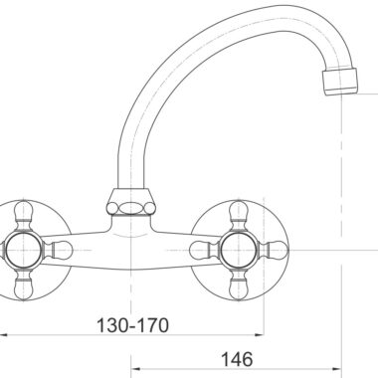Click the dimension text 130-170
[132, 325]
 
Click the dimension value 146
[237, 359]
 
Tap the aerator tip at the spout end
[341, 82]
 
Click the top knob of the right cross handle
[239, 215]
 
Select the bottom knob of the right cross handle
[239, 285]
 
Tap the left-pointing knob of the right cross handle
[204, 250]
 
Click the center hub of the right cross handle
[239, 250]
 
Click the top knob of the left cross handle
[24, 215]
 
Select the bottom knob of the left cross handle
[24, 285]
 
